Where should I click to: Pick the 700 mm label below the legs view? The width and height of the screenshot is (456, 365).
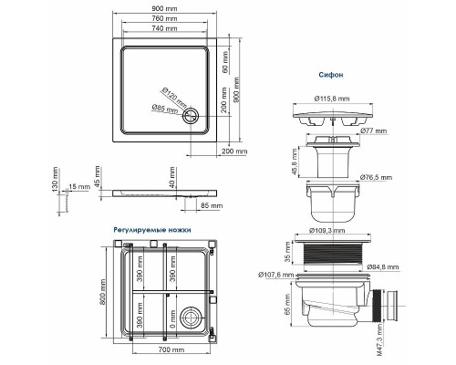click(x=166, y=349)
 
